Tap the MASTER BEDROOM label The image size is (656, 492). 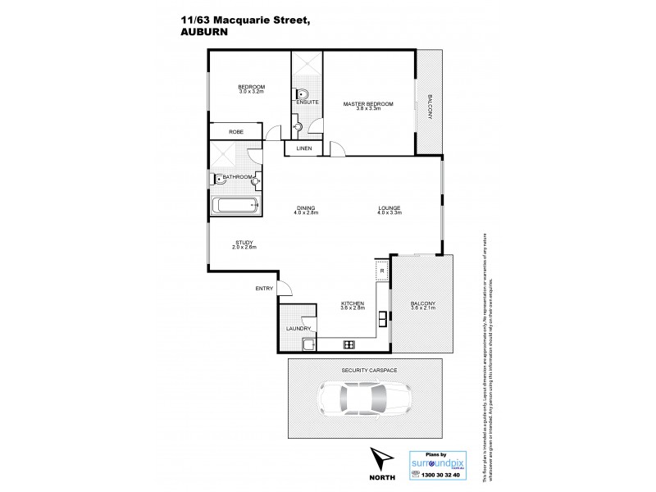(368, 104)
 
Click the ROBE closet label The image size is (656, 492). (235, 131)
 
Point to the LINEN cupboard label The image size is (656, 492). (304, 148)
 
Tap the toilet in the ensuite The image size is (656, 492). (303, 93)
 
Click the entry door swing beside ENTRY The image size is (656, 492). (284, 288)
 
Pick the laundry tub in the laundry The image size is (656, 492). (307, 344)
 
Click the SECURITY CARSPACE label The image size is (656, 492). (369, 371)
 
